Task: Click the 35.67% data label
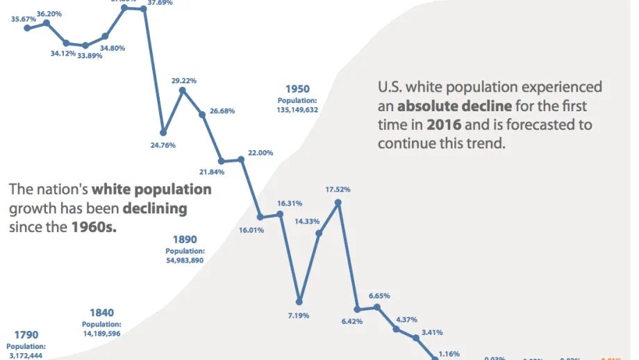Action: pyautogui.click(x=24, y=19)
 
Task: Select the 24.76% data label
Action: pyautogui.click(x=163, y=145)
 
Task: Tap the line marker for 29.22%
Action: pyautogui.click(x=183, y=90)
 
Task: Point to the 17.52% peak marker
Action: pyautogui.click(x=338, y=202)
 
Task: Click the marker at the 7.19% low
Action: pyautogui.click(x=299, y=302)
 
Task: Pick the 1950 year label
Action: pyautogui.click(x=297, y=89)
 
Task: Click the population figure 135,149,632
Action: pyautogui.click(x=297, y=110)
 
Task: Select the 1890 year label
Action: pyautogui.click(x=185, y=239)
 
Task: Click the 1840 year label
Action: pyautogui.click(x=101, y=313)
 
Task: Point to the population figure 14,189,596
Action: pyautogui.click(x=101, y=334)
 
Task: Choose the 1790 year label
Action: pyautogui.click(x=26, y=335)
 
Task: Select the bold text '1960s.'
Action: pyautogui.click(x=94, y=227)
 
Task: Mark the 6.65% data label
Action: pyautogui.click(x=379, y=295)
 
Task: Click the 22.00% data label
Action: pyautogui.click(x=260, y=152)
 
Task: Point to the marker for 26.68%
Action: pyautogui.click(x=203, y=115)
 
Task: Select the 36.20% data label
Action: pyautogui.click(x=49, y=13)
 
